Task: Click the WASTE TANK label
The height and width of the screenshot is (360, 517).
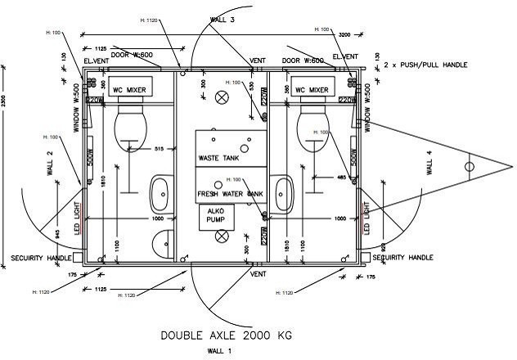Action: coord(218,157)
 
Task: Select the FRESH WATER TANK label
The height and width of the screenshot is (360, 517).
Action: coord(230,193)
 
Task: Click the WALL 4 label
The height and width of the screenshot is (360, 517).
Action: coord(430,167)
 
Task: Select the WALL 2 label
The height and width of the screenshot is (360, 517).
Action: coord(50,164)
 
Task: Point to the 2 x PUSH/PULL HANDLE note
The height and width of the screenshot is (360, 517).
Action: coord(442,63)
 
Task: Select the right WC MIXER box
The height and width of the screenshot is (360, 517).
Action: coord(312,89)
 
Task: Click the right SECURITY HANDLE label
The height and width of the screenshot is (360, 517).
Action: coord(402,258)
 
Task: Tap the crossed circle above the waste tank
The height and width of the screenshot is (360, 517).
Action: coord(221,97)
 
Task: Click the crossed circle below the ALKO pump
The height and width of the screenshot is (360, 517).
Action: coord(221,236)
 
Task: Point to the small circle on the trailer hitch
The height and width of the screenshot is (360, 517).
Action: coord(469,167)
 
